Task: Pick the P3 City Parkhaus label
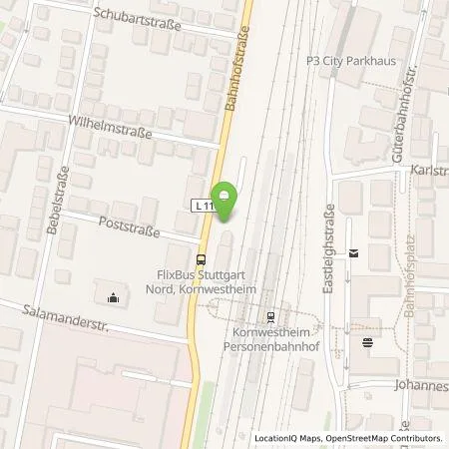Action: click(x=350, y=60)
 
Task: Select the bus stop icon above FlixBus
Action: click(x=202, y=257)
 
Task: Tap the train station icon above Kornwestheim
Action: click(x=270, y=317)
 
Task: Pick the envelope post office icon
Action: click(x=352, y=255)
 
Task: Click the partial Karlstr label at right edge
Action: click(x=428, y=171)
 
